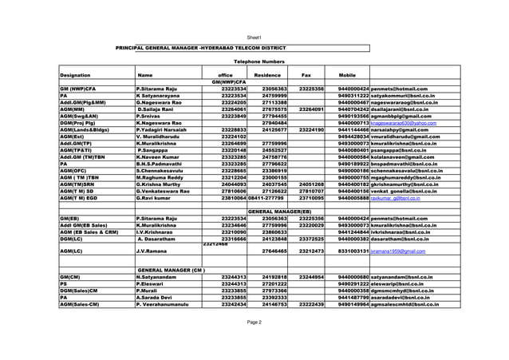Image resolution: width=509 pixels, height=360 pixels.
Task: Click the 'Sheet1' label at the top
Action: (254, 38)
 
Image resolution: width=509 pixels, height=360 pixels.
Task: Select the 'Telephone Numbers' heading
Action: (257, 61)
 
